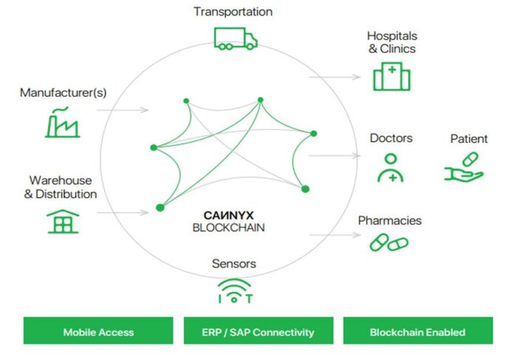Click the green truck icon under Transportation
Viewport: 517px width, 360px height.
coord(236,38)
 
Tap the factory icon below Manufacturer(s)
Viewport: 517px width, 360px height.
coord(62,122)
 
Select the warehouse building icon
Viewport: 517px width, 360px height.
coord(63,222)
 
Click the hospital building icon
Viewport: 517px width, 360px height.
coord(391,76)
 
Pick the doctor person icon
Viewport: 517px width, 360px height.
coord(391,168)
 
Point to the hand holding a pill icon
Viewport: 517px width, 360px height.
coord(464,167)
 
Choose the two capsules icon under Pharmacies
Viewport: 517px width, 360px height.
coord(389,242)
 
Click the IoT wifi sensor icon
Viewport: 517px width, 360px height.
coord(234,291)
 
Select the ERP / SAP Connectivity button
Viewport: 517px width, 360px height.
coord(258,330)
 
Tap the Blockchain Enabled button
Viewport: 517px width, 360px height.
coord(418,330)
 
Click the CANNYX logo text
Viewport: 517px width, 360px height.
coord(228,215)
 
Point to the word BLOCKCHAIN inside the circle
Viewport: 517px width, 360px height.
coord(228,228)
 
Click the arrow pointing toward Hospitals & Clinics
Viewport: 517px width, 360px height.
coord(335,77)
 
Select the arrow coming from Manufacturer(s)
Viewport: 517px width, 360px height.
coord(123,110)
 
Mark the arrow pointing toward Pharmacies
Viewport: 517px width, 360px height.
coord(335,235)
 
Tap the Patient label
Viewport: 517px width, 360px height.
coord(469,138)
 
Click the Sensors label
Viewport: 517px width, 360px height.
coord(234,264)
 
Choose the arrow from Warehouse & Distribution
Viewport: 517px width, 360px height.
coord(123,212)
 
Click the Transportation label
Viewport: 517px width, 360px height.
coord(233,12)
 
